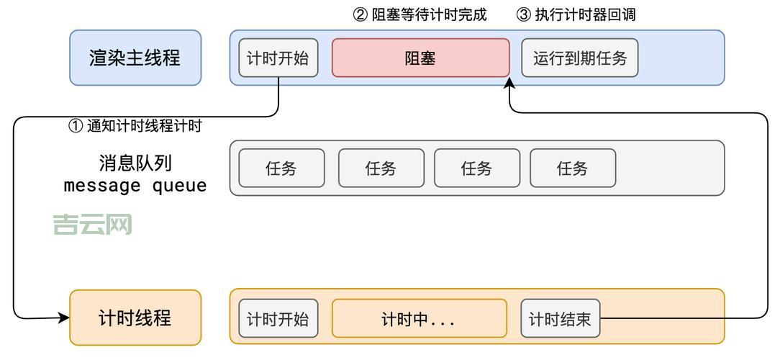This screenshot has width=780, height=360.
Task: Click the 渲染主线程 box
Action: [135, 58]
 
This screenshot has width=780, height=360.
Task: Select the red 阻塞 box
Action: [420, 58]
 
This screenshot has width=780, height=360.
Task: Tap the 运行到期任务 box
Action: [580, 58]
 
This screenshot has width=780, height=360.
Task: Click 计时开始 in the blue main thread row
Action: [278, 58]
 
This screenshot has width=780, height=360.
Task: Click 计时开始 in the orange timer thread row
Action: [278, 318]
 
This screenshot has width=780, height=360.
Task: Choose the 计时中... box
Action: [419, 318]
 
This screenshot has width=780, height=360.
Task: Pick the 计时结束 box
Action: [560, 318]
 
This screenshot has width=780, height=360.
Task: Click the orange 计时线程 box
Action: [135, 318]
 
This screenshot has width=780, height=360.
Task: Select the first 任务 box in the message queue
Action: [281, 168]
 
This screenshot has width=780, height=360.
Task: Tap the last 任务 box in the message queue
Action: [573, 168]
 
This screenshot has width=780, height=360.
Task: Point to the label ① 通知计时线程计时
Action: [135, 126]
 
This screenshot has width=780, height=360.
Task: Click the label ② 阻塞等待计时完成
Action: [420, 14]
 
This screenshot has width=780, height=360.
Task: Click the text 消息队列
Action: [135, 162]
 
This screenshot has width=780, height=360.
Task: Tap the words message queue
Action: [135, 186]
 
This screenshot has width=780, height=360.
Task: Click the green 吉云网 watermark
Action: [92, 225]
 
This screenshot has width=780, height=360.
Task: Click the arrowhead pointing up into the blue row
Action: [510, 84]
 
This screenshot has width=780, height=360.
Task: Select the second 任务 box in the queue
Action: [381, 168]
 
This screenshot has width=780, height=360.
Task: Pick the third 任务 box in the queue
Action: [477, 168]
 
